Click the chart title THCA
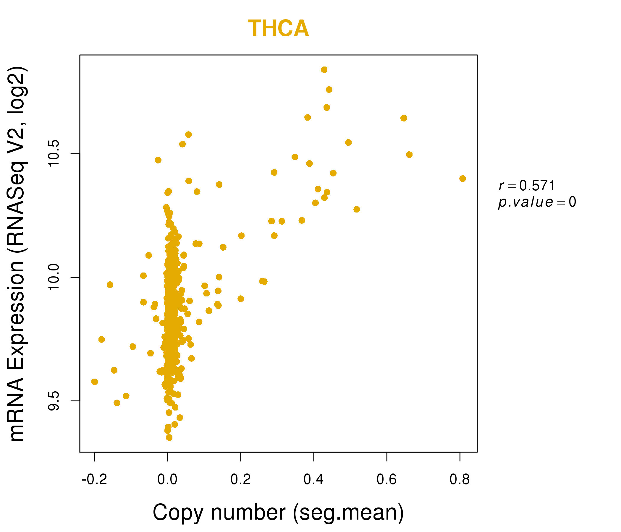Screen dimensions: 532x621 [278, 28]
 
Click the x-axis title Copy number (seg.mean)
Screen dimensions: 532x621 [278, 513]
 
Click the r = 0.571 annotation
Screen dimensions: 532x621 [527, 186]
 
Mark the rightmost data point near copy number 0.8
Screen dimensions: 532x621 [462, 179]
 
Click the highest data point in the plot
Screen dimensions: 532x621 [324, 70]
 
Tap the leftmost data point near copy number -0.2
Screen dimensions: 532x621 [94, 382]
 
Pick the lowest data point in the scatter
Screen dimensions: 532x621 [169, 437]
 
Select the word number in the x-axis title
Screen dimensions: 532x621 [248, 513]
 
